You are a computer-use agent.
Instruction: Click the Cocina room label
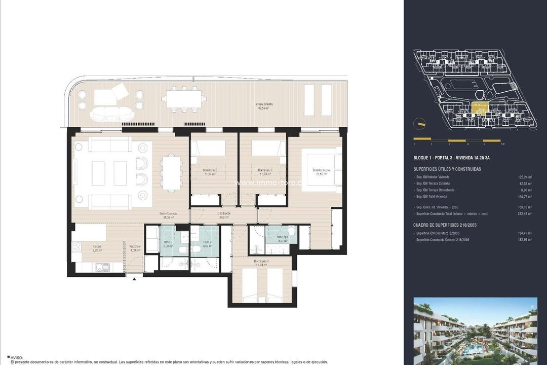97,247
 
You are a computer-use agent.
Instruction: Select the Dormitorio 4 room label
262,263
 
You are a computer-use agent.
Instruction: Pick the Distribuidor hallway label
224,215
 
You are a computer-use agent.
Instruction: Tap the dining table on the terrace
183,99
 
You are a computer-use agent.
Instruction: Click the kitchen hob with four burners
77,247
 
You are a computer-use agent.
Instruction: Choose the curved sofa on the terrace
110,114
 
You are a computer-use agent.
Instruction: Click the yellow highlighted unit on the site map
479,108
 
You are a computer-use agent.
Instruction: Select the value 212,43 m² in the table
525,214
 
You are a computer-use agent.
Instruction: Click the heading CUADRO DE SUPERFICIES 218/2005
445,225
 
